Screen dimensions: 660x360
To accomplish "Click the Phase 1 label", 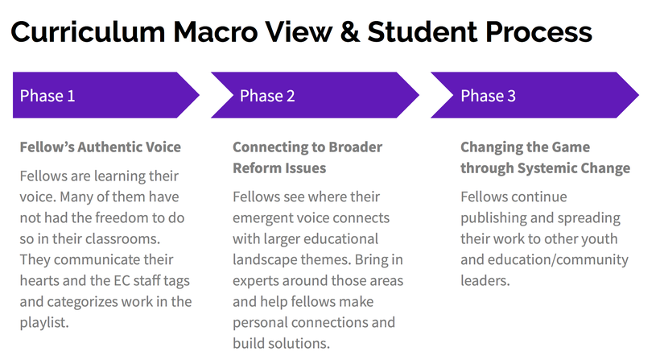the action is pos(47,96).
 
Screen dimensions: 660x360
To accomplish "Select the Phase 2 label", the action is pos(267,96).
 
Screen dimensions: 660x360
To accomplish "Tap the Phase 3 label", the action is pos(489,96).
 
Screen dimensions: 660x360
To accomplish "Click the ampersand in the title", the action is pos(350,32).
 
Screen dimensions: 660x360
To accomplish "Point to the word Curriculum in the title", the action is pos(88,32).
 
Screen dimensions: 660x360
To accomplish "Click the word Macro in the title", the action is pos(215,32).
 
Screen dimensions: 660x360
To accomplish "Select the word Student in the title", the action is pos(423,32).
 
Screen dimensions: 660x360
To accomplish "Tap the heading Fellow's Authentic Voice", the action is pos(100,147).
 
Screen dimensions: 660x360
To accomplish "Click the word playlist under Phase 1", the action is pos(44,323).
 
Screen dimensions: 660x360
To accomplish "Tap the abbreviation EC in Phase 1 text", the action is pos(122,281).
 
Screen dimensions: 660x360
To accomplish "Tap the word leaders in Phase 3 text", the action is pos(485,281).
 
